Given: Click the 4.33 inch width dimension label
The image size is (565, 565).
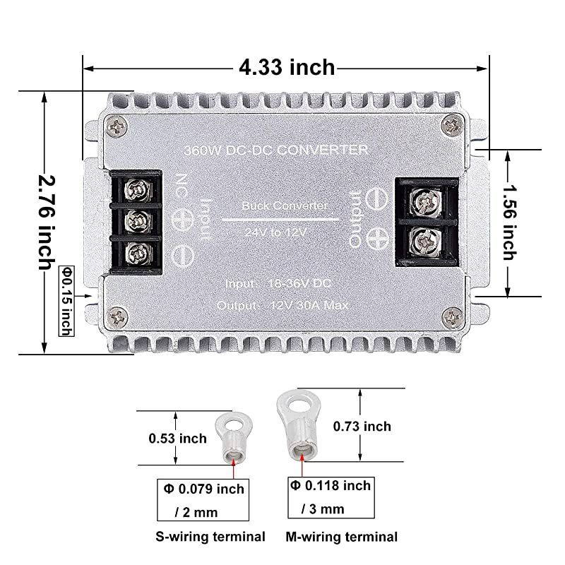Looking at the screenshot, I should (287, 68).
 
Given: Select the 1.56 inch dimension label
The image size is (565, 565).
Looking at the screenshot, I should (510, 222).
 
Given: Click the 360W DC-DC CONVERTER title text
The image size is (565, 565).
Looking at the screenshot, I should (275, 150).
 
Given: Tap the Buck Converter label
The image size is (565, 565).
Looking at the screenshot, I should (284, 206).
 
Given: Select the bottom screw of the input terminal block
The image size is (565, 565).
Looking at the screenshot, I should (134, 252).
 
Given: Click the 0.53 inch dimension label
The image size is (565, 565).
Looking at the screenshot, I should (178, 439).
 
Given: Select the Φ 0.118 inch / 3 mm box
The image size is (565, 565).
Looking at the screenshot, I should (328, 496).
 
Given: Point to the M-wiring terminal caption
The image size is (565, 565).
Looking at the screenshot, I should (343, 537).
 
